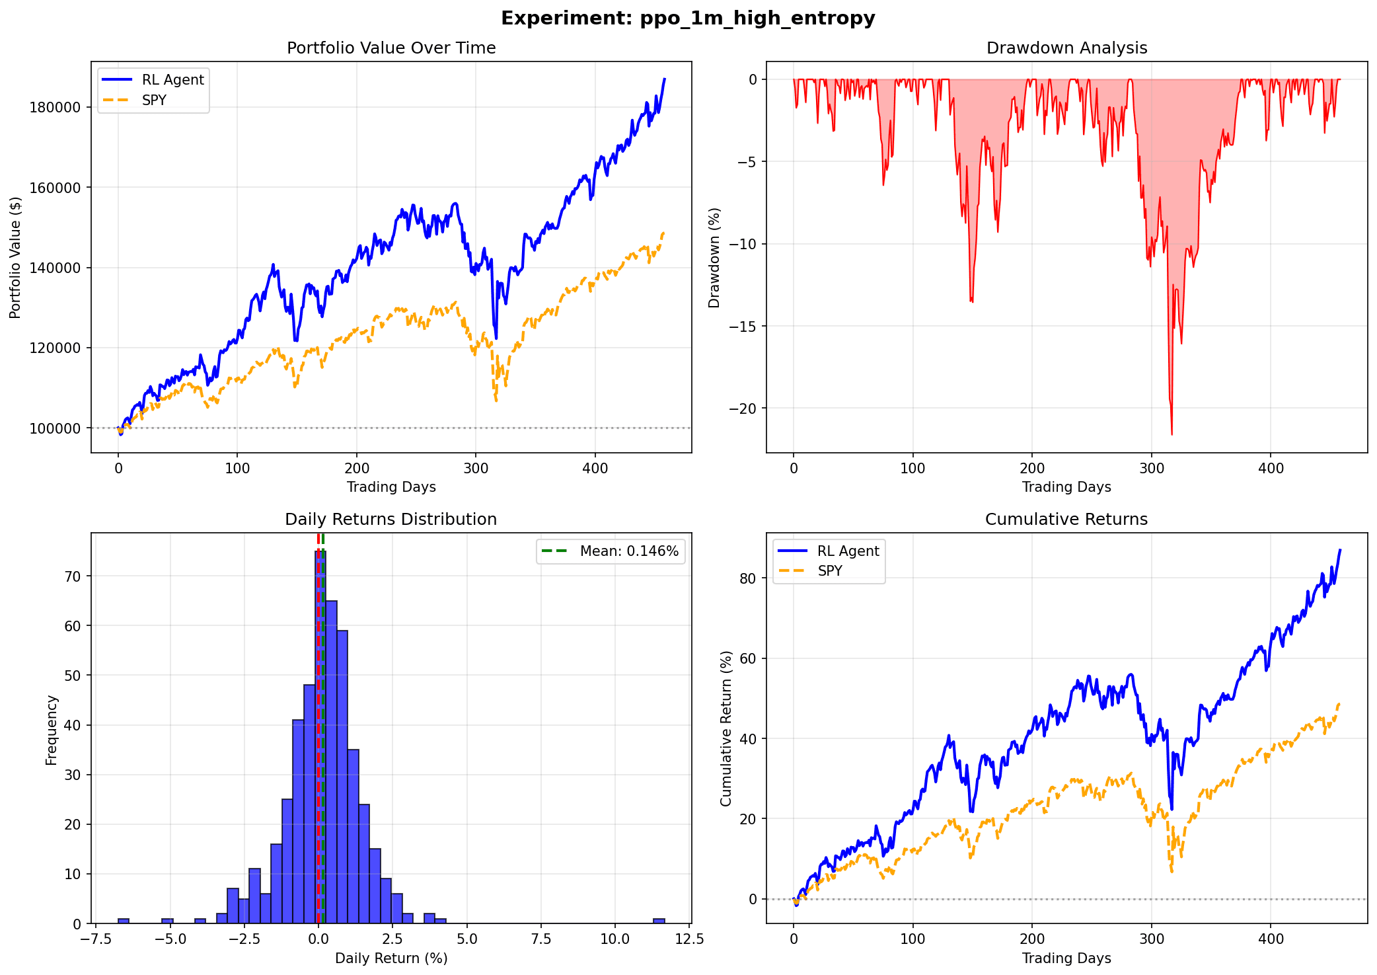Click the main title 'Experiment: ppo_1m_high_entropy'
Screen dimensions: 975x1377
tap(688, 19)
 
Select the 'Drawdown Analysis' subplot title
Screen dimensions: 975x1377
tap(1066, 48)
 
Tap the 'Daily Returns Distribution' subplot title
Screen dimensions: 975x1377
tap(391, 520)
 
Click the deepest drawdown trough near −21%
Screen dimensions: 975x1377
tap(1172, 433)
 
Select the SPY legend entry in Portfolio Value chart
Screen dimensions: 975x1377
tap(154, 100)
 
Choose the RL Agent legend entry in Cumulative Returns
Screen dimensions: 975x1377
tap(848, 551)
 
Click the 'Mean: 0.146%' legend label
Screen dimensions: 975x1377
tap(629, 551)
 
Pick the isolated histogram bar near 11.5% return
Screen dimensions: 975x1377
tap(659, 921)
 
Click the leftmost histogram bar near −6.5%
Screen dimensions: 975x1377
tap(124, 921)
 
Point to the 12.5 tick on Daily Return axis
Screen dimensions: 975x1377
tap(689, 939)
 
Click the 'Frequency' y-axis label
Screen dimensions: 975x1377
tap(52, 730)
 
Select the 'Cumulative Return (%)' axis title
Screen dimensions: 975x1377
tap(726, 728)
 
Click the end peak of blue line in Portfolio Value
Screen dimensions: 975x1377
tap(665, 79)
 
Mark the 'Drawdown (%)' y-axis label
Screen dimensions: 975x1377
tap(714, 258)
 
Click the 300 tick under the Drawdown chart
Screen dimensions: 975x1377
tap(1151, 469)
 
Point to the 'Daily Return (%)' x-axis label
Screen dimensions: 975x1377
tap(391, 958)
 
